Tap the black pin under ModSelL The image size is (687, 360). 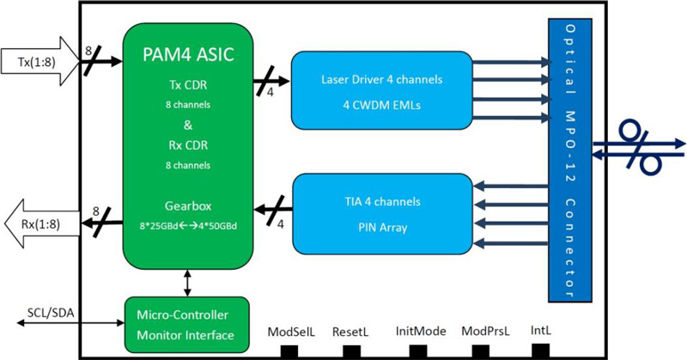tap(290, 351)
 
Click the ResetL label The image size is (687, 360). tap(352, 330)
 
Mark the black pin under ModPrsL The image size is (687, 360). tap(480, 351)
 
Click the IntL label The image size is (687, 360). tap(541, 329)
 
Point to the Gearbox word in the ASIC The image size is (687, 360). tap(187, 207)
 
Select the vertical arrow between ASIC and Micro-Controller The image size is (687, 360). tap(187, 282)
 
